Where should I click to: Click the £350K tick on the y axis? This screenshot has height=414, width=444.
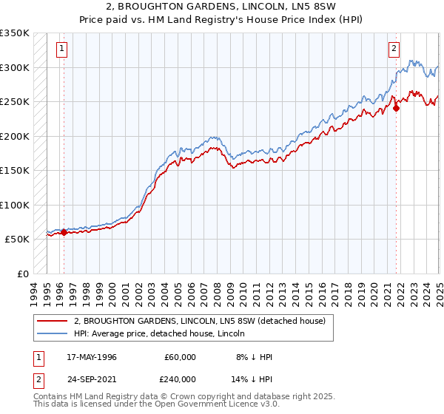[15, 33]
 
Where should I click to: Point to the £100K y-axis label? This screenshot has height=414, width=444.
[15, 205]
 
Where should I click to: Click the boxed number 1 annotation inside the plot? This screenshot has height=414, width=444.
[61, 50]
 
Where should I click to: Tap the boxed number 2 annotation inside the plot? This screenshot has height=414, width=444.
[394, 50]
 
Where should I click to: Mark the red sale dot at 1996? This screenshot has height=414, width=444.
[64, 232]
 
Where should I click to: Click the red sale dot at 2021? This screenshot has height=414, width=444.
[397, 108]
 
